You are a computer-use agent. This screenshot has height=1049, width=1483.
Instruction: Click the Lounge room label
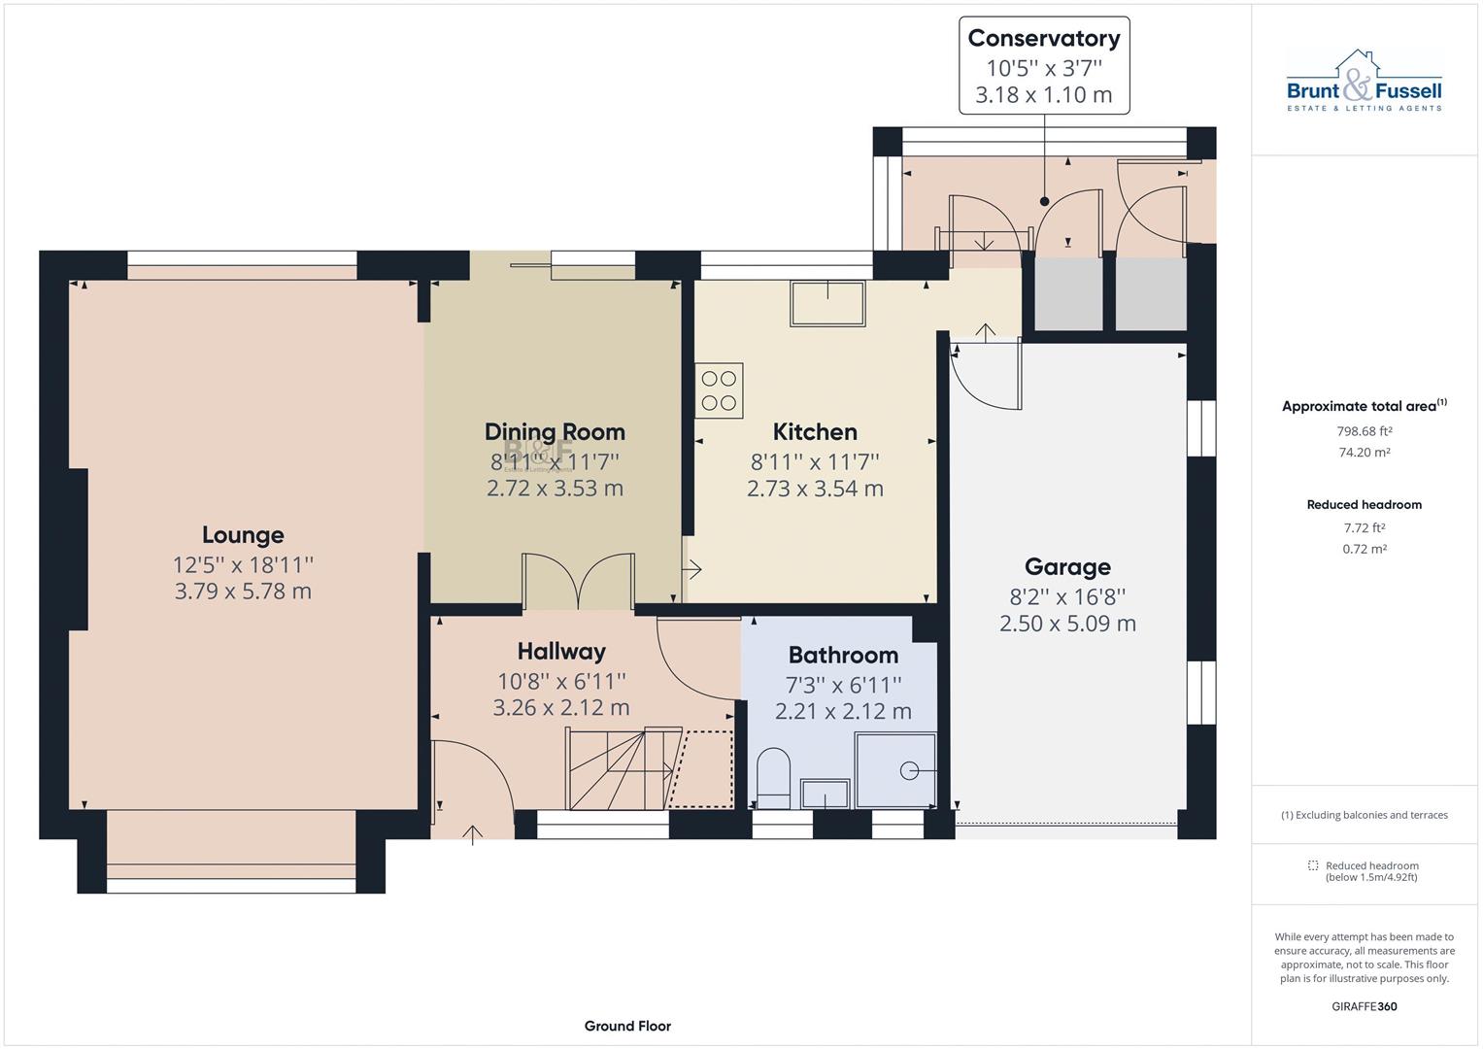(243, 534)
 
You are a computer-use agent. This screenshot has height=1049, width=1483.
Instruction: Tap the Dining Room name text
(555, 431)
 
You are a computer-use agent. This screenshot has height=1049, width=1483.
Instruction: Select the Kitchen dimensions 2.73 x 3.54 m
(815, 489)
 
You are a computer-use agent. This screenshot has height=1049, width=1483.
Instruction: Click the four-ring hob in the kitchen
(719, 390)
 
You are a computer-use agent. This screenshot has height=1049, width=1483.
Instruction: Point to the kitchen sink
(827, 304)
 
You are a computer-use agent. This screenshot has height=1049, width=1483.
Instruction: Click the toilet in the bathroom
(773, 779)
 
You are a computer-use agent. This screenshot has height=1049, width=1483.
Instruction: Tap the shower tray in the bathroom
(895, 770)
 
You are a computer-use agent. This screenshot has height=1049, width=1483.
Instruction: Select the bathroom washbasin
(825, 794)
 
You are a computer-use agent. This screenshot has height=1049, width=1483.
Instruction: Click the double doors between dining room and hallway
(579, 582)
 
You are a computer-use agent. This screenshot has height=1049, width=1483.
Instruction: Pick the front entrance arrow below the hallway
(473, 834)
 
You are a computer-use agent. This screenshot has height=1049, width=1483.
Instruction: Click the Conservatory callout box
(1044, 66)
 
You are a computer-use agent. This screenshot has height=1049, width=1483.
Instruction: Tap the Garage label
(1067, 566)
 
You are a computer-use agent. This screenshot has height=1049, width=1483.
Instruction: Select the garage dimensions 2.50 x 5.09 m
(1067, 624)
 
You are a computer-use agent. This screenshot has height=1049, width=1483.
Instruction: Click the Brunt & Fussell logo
(1364, 82)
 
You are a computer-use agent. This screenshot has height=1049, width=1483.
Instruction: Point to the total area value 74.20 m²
(1364, 453)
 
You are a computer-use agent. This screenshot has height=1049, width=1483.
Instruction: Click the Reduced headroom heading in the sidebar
(1364, 505)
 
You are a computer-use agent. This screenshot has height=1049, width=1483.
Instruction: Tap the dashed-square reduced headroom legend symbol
(1313, 865)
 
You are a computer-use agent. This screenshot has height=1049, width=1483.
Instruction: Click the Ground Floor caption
(627, 1026)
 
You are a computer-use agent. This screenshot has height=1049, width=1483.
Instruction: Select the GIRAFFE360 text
(1364, 1006)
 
